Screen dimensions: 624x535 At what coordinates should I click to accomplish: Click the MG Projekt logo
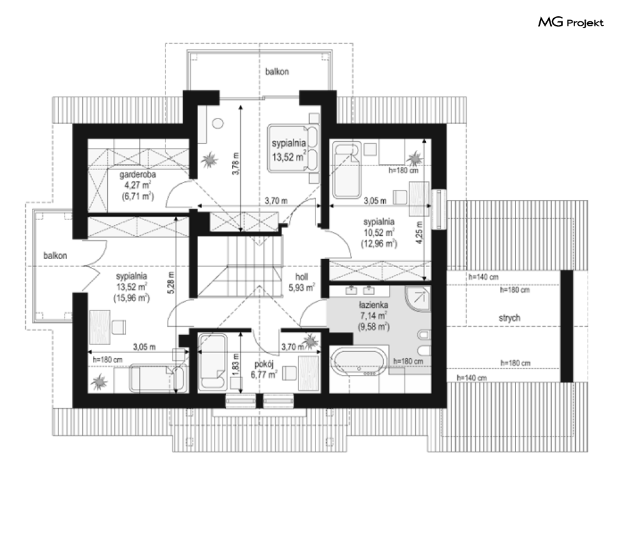(571, 23)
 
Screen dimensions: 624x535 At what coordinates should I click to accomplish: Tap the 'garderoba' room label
(138, 174)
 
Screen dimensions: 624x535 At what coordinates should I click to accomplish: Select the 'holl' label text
(302, 277)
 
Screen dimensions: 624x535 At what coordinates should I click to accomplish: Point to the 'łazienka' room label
(373, 305)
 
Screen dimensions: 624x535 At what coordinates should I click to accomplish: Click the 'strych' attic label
(509, 318)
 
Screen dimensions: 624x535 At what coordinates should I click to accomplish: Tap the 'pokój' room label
(264, 364)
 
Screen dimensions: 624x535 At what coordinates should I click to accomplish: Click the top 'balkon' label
(277, 72)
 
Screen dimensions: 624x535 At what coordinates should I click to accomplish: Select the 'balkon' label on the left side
(55, 255)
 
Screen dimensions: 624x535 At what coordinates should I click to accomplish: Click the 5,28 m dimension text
(171, 283)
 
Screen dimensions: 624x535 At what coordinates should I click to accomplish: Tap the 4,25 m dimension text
(420, 233)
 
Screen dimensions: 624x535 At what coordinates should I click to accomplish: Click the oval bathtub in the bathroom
(357, 361)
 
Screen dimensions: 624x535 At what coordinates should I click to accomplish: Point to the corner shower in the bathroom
(418, 299)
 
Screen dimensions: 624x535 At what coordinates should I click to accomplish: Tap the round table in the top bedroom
(218, 124)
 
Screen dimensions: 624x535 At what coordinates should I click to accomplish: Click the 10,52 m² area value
(379, 233)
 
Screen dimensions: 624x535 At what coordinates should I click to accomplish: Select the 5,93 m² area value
(302, 287)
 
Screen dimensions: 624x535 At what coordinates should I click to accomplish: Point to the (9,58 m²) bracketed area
(374, 326)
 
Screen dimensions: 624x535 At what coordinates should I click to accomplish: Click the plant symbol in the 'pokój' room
(310, 341)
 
